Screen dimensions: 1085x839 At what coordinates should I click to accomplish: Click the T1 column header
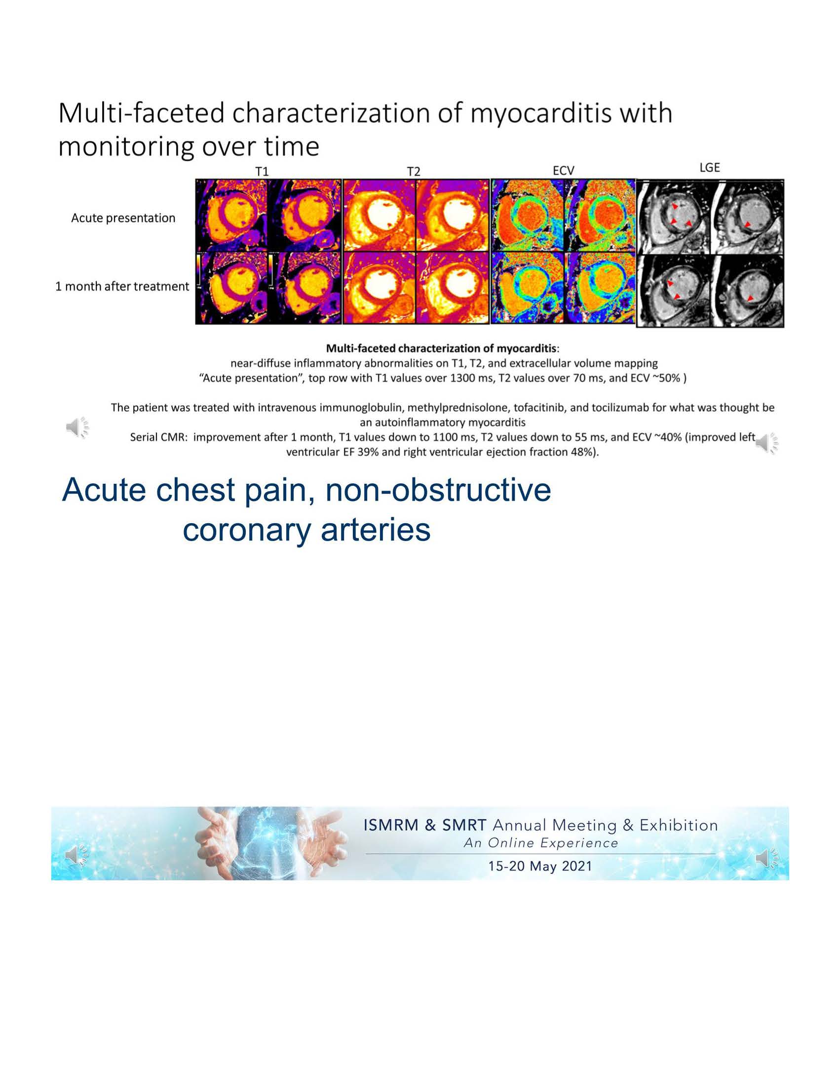point(262,172)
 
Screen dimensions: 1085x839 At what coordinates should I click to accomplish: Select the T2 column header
point(414,172)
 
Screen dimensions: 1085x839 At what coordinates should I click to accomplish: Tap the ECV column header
point(563,171)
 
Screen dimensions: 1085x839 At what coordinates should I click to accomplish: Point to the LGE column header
point(709,167)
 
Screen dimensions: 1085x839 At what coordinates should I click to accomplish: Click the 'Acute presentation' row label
point(123,218)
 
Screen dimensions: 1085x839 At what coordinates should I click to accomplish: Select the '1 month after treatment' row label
point(122,286)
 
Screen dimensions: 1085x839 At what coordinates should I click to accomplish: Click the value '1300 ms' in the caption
point(469,378)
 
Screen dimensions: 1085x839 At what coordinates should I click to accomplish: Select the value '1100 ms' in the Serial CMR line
point(454,437)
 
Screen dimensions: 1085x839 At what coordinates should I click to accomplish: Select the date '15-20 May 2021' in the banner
point(540,866)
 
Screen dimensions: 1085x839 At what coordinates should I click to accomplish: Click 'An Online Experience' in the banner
point(541,843)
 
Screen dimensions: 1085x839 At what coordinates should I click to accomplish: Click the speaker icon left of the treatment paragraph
point(77,427)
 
